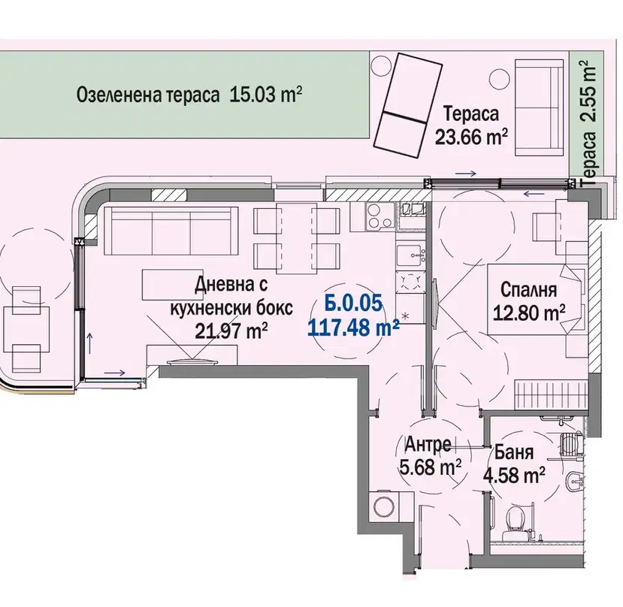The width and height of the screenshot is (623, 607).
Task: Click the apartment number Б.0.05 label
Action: coord(354,303)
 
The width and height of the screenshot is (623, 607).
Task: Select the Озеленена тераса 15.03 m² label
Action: coord(189,95)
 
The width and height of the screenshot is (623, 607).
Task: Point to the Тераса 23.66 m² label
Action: coord(471,125)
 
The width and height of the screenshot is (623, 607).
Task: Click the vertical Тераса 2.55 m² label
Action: coord(589,123)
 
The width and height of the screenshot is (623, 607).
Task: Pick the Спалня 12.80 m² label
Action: coord(529,301)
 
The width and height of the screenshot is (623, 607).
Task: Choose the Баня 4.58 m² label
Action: coord(514,464)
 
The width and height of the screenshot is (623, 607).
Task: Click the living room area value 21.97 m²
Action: coord(231,330)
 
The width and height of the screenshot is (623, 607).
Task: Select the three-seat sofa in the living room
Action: coord(168,231)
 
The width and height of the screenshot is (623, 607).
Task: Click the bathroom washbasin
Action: coord(575,482)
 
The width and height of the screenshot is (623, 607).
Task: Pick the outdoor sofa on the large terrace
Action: coord(540,107)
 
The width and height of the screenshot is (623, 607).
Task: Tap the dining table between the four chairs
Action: coord(296,238)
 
